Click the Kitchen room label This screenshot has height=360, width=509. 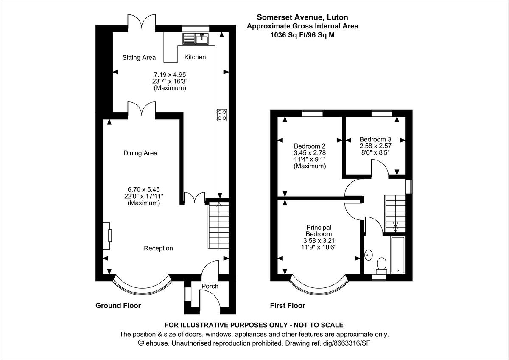pyautogui.click(x=195, y=57)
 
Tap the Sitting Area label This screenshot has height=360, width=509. pyautogui.click(x=139, y=57)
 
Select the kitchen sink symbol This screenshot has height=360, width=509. pyautogui.click(x=195, y=39)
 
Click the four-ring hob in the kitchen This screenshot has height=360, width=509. pyautogui.click(x=222, y=115)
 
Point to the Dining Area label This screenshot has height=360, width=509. pyautogui.click(x=140, y=153)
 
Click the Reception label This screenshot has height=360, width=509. pyautogui.click(x=158, y=248)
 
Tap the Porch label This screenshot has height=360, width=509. pyautogui.click(x=210, y=286)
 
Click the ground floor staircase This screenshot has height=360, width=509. pyautogui.click(x=218, y=225)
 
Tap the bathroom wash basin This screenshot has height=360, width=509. pyautogui.click(x=369, y=255)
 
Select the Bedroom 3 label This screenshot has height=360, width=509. pyautogui.click(x=375, y=139)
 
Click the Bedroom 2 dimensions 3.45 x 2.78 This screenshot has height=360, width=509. pyautogui.click(x=310, y=152)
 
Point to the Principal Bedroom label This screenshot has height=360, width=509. pyautogui.click(x=319, y=231)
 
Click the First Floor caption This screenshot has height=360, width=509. pyautogui.click(x=288, y=305)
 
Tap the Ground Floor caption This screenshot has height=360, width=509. pyautogui.click(x=118, y=305)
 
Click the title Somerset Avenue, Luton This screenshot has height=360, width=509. pyautogui.click(x=302, y=17)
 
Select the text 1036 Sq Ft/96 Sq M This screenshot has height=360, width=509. pyautogui.click(x=302, y=35)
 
